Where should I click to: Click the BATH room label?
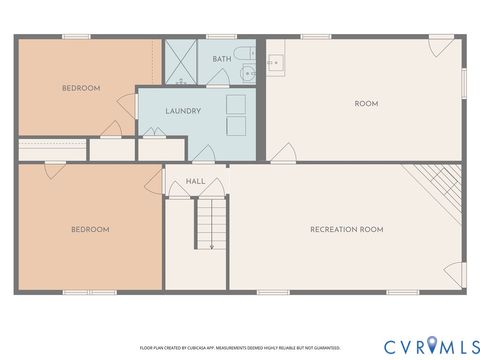(x=221, y=59)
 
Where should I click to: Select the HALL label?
(x=197, y=182)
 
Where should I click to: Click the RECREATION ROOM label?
(x=346, y=229)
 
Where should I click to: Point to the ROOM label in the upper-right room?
(x=365, y=103)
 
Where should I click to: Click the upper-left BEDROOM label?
(x=81, y=88)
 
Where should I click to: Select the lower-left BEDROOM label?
(x=89, y=229)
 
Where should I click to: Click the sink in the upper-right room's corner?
(x=276, y=63)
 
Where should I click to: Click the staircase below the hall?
(x=211, y=216)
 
